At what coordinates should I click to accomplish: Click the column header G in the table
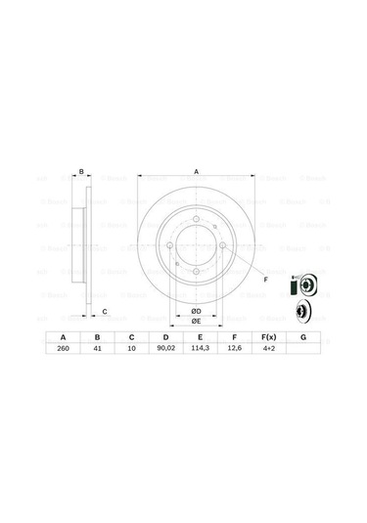(302, 335)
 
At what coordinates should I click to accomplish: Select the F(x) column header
(267, 335)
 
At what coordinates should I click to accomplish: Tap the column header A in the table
(63, 335)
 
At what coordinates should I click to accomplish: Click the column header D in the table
(163, 335)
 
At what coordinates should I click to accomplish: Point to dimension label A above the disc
(196, 171)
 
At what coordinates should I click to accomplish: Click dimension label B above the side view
(81, 168)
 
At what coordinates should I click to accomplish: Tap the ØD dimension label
(196, 311)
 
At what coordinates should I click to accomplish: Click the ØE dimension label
(196, 321)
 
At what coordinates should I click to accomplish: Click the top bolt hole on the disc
(196, 218)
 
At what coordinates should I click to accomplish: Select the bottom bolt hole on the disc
(196, 271)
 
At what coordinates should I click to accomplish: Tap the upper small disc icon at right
(303, 286)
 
